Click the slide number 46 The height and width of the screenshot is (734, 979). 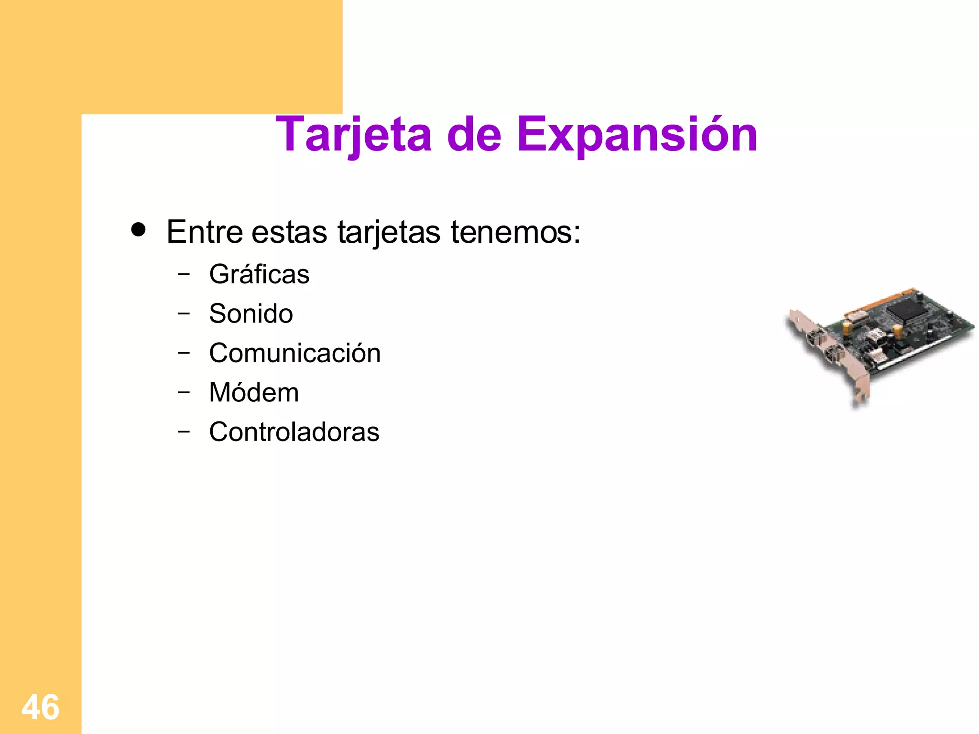click(41, 707)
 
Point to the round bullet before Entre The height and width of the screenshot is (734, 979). click(139, 230)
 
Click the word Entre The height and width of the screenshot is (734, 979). click(205, 232)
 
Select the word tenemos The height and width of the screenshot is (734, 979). click(515, 232)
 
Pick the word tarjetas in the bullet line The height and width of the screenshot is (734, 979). click(389, 232)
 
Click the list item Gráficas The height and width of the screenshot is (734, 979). click(259, 274)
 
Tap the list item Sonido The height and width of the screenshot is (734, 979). click(251, 314)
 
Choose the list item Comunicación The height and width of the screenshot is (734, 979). click(294, 354)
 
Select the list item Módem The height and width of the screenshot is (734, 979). click(254, 393)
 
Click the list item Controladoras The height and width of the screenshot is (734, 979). click(294, 432)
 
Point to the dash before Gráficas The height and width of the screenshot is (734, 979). click(184, 274)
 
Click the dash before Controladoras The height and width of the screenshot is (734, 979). click(184, 432)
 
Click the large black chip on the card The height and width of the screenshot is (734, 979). click(904, 311)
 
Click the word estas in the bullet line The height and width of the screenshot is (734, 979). click(289, 232)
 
